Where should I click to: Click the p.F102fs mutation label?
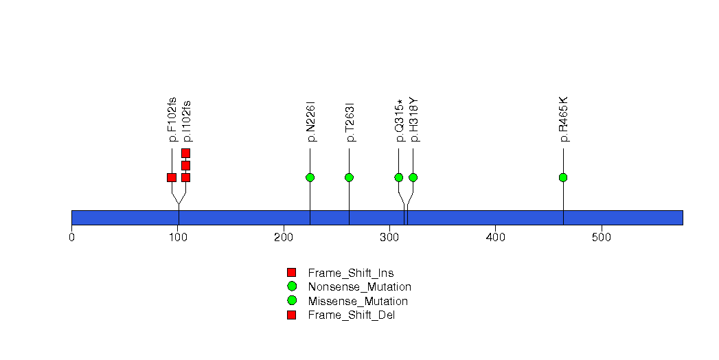(x=172, y=120)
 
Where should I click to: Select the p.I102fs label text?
(x=187, y=121)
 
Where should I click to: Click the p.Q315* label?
(x=400, y=120)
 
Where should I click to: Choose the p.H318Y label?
(x=413, y=120)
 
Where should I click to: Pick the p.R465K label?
(x=564, y=120)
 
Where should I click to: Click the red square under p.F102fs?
(x=172, y=177)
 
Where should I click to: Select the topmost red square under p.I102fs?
(x=185, y=153)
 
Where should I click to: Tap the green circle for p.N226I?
(x=310, y=177)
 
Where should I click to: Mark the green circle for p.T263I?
(x=349, y=177)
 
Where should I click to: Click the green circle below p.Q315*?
(x=398, y=177)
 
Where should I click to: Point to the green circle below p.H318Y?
(x=413, y=177)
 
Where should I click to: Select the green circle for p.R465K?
(x=563, y=177)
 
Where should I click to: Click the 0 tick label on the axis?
(x=71, y=237)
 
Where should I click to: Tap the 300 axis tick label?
(x=390, y=237)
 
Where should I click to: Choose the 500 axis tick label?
(x=602, y=237)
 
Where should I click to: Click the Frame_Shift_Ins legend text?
(x=351, y=273)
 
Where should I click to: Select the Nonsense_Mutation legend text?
(x=360, y=287)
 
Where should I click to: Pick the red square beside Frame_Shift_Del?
(x=292, y=315)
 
